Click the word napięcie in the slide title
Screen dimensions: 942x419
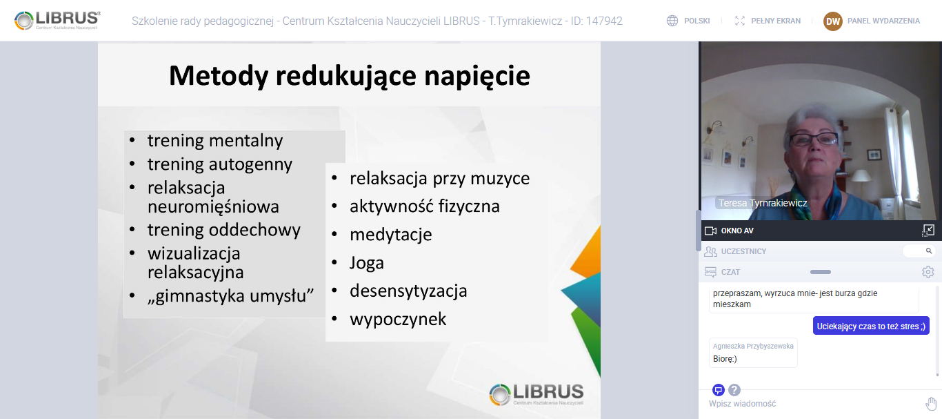click(477, 76)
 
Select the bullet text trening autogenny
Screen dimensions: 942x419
click(219, 164)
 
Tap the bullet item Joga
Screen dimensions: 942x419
click(367, 263)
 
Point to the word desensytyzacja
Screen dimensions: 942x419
click(408, 291)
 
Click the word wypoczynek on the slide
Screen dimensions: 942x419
click(398, 319)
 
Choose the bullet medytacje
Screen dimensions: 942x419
click(391, 235)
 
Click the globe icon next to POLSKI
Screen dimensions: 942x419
click(672, 21)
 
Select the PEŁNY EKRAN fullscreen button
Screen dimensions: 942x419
click(768, 21)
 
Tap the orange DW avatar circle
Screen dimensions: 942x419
click(832, 21)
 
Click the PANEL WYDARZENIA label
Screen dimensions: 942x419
click(883, 21)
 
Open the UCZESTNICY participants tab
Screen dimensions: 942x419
click(743, 251)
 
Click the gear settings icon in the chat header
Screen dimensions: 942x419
click(928, 272)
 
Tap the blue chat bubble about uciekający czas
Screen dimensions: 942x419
click(871, 326)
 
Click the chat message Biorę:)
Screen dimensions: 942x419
click(725, 359)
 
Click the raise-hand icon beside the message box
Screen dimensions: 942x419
click(931, 403)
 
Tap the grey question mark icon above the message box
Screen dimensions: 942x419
click(734, 390)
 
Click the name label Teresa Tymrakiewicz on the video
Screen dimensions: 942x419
click(763, 203)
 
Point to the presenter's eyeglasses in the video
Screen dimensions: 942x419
click(813, 139)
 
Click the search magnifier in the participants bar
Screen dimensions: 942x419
click(928, 251)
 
